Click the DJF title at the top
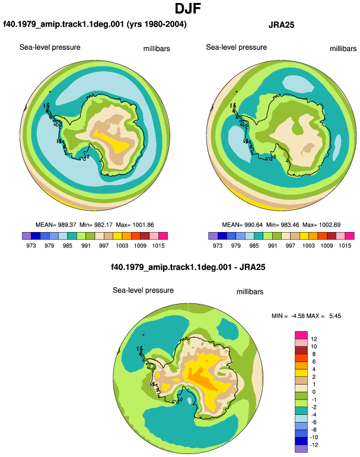pyautogui.click(x=188, y=8)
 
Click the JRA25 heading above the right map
pyautogui.click(x=281, y=25)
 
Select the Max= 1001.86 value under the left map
pyautogui.click(x=135, y=225)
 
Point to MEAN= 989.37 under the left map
pyautogui.click(x=56, y=225)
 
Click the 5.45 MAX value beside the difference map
pyautogui.click(x=335, y=316)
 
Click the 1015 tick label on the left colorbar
pyautogui.click(x=158, y=245)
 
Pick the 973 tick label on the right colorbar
pyautogui.click(x=218, y=245)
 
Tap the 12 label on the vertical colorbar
pyautogui.click(x=314, y=339)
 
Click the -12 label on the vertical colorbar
pyautogui.click(x=314, y=445)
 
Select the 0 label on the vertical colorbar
pyautogui.click(x=314, y=392)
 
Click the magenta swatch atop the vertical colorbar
pyautogui.click(x=301, y=335)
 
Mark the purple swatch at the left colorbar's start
pyautogui.click(x=27, y=236)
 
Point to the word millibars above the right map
pyautogui.click(x=343, y=49)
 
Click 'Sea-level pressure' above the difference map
pyautogui.click(x=144, y=290)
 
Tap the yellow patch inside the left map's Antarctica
pyautogui.click(x=114, y=142)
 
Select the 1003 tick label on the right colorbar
pyautogui.click(x=308, y=245)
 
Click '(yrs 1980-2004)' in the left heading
pyautogui.click(x=157, y=24)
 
